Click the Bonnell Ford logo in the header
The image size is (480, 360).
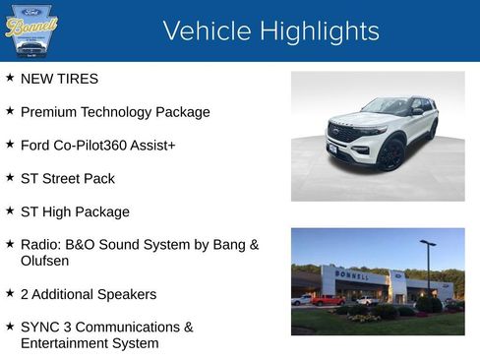coord(30,30)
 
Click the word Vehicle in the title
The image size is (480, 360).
coord(203,31)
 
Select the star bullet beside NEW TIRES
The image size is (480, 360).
coord(10,78)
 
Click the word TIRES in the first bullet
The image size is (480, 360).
coord(79,79)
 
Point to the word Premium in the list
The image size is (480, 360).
coord(49,112)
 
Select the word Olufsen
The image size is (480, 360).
coord(46,262)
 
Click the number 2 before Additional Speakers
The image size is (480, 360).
coord(25,294)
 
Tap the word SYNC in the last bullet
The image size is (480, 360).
coord(41,328)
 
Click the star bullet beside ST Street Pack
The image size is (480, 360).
coord(10,178)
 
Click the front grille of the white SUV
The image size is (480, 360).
coord(344,132)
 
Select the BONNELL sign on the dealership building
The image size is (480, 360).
coord(351,274)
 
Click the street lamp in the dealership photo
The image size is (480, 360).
coord(427,266)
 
